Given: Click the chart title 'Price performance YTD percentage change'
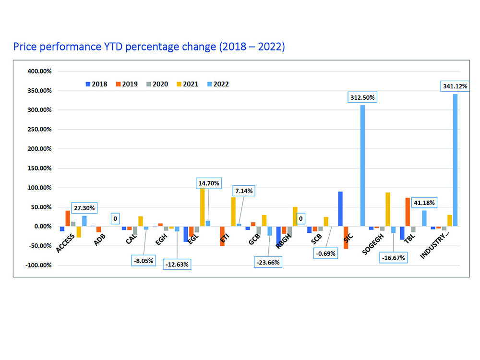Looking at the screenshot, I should click(x=149, y=47).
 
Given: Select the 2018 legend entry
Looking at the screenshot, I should click(x=96, y=84).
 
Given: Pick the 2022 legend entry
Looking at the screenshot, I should click(x=218, y=84).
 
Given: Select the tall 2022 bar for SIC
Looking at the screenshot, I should click(x=362, y=166).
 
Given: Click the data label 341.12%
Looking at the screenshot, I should click(x=454, y=86).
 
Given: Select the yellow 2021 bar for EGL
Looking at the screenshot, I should click(x=202, y=207).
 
